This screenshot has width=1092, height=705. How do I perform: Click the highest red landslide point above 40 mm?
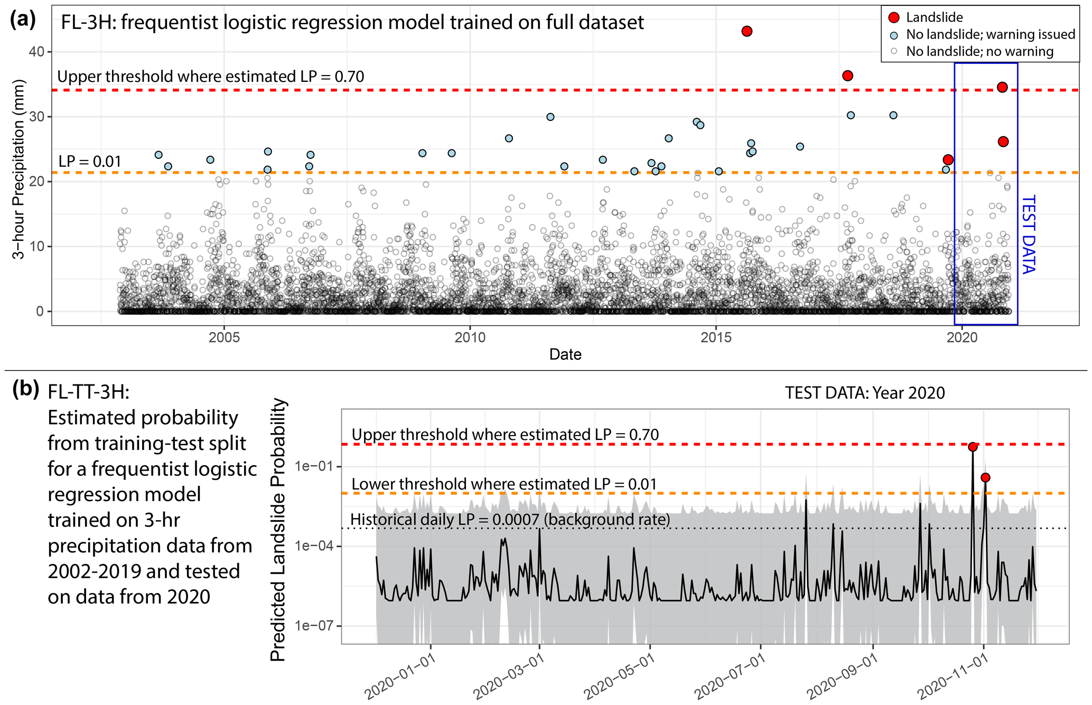click(x=746, y=31)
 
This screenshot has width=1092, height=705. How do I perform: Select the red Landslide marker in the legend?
click(x=894, y=17)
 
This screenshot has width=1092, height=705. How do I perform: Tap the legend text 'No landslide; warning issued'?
click(x=990, y=34)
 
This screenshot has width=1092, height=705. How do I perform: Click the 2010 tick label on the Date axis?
click(x=470, y=337)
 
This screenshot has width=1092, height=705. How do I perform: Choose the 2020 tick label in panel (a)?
click(x=962, y=337)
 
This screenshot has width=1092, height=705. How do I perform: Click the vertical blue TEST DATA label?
click(x=1028, y=234)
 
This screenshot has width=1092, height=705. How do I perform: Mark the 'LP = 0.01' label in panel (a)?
click(x=90, y=161)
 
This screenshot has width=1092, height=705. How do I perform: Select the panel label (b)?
click(x=25, y=389)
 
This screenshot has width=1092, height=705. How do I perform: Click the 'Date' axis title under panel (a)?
click(x=565, y=354)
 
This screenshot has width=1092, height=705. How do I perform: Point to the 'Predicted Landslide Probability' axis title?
click(x=278, y=529)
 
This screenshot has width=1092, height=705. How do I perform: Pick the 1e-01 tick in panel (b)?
click(x=311, y=466)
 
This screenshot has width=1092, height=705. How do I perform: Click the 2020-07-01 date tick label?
click(x=730, y=676)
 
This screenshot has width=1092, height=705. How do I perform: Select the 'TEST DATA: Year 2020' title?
click(x=865, y=393)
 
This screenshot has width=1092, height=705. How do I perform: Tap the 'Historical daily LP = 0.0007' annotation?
click(x=510, y=520)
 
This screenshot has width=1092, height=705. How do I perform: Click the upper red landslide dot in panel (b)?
click(x=973, y=447)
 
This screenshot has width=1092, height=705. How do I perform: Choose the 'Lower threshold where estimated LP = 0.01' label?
click(x=503, y=484)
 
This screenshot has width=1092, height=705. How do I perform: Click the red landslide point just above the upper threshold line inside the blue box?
click(x=1002, y=87)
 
